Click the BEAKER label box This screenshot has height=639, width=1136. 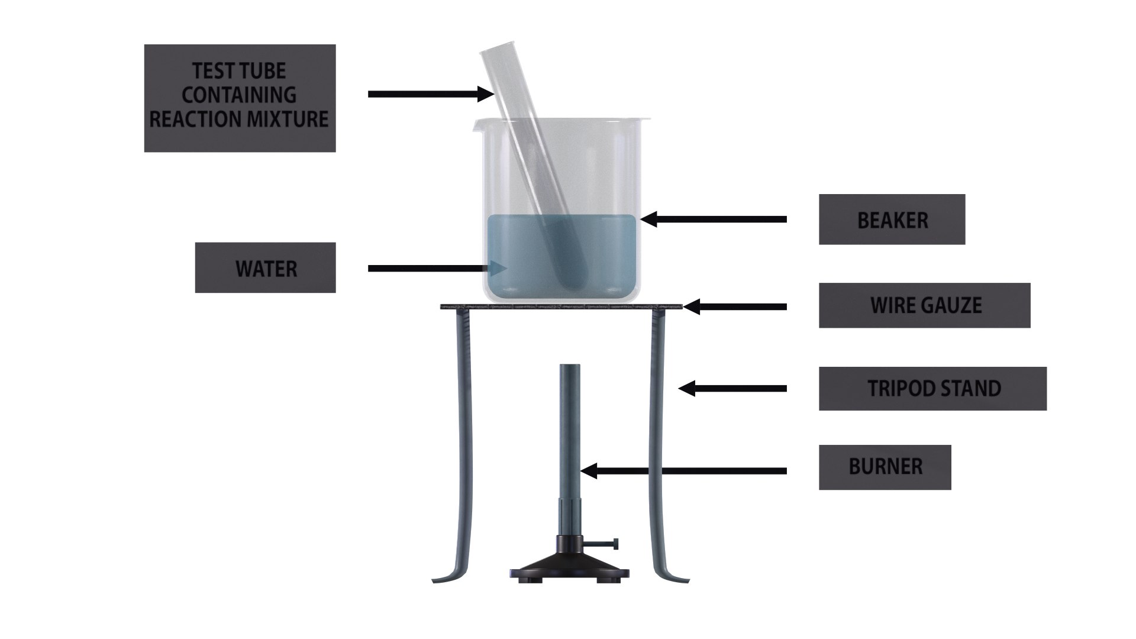coord(892,220)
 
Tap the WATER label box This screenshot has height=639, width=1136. coord(265,267)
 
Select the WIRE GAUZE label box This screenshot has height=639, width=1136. coord(924,305)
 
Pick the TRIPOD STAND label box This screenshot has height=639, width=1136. coord(932,389)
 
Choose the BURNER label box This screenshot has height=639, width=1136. coord(885,467)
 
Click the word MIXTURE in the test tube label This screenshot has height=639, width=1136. coord(288,120)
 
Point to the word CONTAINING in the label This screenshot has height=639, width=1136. coord(239,95)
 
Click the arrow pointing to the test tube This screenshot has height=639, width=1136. coord(431,93)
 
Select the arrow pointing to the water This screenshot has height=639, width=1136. coord(438,268)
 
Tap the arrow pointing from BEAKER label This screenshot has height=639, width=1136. coord(714,220)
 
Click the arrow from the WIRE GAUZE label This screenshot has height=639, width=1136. coord(735,306)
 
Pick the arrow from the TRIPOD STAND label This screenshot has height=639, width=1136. coord(732,389)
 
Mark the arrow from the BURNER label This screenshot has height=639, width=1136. coord(683,471)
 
